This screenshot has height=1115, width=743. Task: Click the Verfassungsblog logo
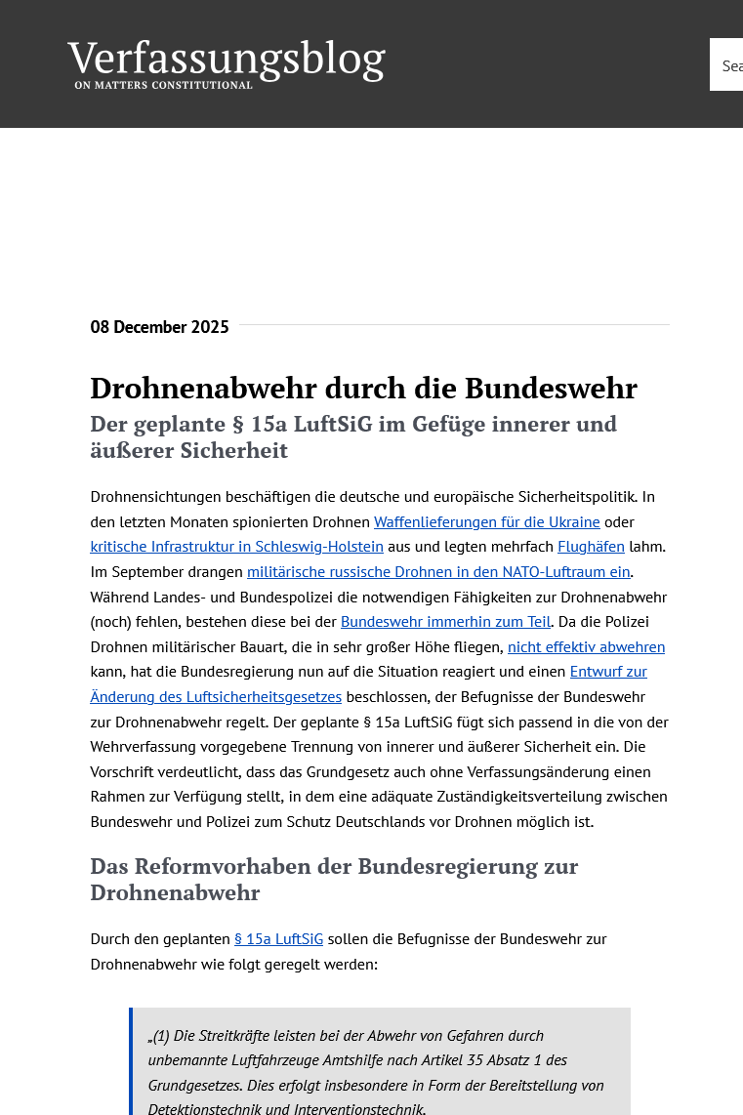click(x=226, y=60)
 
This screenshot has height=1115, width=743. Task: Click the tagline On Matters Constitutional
click(x=163, y=85)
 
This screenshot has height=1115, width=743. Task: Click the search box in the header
click(x=727, y=65)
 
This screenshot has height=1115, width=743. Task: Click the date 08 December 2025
click(x=159, y=327)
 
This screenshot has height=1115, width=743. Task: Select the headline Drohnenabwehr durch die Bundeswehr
click(x=363, y=389)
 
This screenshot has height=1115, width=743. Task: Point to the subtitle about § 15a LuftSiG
click(x=353, y=436)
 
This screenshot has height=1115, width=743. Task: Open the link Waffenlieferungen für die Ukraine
click(x=486, y=522)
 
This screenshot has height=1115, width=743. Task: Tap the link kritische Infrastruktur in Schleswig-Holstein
click(x=236, y=547)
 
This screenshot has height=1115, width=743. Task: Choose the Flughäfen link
click(x=591, y=547)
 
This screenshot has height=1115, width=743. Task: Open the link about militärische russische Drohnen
click(x=438, y=572)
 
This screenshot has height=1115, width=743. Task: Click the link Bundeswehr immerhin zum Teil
click(x=445, y=622)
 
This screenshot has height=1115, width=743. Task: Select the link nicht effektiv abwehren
click(x=586, y=646)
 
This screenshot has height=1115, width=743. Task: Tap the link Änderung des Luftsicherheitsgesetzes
click(x=216, y=696)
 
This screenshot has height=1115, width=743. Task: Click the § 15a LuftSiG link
click(x=278, y=939)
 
